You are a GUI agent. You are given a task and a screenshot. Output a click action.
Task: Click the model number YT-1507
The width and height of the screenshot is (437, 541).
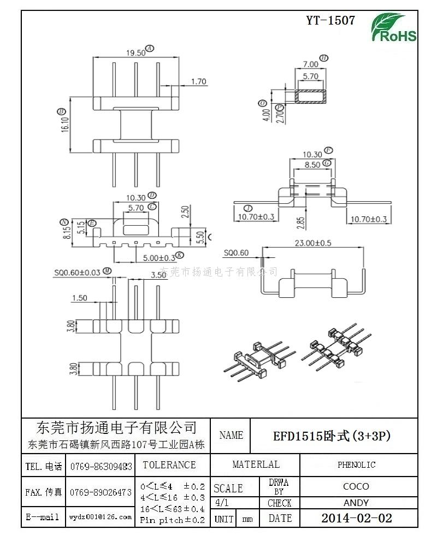tap(330, 21)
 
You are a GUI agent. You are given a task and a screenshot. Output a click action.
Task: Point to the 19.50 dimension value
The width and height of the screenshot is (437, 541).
tap(135, 52)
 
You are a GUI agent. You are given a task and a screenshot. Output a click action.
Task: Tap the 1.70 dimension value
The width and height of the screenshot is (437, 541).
tap(198, 82)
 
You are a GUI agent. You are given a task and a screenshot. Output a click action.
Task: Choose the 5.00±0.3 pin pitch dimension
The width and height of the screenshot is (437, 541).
tap(159, 257)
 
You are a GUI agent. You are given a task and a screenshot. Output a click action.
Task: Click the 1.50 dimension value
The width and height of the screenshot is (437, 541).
tap(79, 298)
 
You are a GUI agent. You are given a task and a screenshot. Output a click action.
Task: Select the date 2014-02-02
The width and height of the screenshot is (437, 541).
tap(356, 518)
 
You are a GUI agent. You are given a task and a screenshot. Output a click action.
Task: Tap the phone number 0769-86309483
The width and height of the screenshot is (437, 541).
tap(101, 466)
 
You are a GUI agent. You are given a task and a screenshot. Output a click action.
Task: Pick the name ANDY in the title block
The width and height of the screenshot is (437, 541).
tap(356, 503)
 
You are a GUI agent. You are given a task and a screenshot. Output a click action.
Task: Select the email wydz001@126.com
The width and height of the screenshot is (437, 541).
tap(100, 516)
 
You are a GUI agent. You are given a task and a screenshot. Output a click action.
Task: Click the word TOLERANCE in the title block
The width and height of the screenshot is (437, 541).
tap(169, 465)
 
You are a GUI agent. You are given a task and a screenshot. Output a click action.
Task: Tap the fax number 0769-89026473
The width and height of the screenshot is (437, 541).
tap(101, 492)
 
